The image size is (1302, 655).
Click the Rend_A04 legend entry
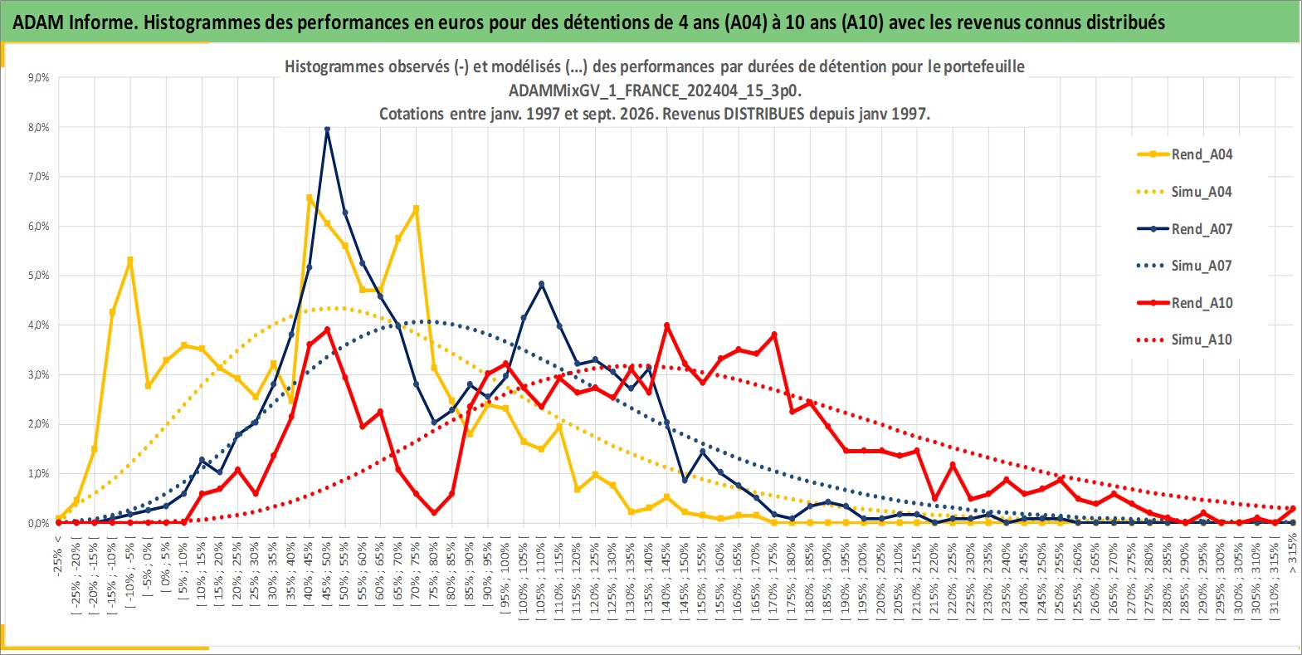[1185, 154]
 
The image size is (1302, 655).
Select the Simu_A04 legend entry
[1185, 192]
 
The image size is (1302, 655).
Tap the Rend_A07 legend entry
[1185, 229]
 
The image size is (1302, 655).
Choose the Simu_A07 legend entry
[1185, 266]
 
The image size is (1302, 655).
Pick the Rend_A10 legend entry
[1185, 303]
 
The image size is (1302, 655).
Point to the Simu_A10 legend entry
[1185, 340]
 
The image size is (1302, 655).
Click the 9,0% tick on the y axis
[38, 78]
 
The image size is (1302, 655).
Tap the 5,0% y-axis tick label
[38, 276]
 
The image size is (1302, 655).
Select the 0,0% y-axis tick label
[38, 524]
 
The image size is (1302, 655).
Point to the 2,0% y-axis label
[38, 425]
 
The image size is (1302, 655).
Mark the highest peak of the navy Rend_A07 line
[327, 130]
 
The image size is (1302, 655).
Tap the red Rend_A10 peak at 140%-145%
[666, 325]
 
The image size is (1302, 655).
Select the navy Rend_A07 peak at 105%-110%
[542, 284]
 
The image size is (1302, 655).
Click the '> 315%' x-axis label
[1292, 554]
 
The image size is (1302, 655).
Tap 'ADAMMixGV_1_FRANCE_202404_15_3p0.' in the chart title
[655, 91]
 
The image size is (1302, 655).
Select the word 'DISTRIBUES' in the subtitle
[763, 114]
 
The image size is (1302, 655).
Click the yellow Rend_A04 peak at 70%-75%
[417, 208]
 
